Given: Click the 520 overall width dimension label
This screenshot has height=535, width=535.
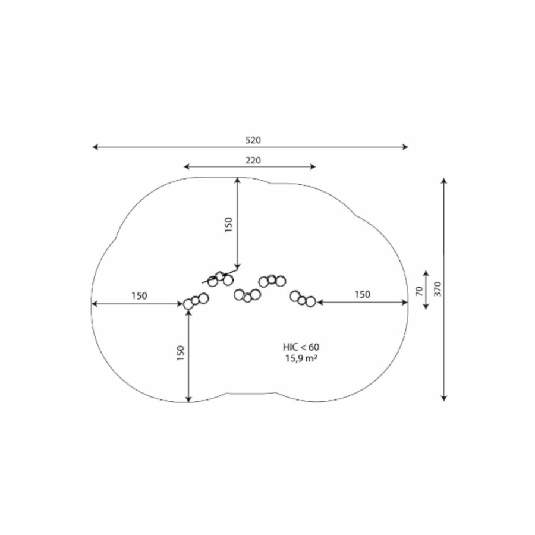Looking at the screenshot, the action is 253,140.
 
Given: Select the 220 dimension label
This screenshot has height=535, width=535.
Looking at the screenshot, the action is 253,160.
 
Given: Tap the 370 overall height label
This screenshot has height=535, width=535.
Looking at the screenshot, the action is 438,289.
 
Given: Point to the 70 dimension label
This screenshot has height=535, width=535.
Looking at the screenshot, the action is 420,291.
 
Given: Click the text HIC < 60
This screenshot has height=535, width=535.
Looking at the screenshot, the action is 301,347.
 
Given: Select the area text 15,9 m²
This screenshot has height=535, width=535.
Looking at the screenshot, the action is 301,358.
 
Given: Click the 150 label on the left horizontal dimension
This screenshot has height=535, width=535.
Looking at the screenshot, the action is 139,295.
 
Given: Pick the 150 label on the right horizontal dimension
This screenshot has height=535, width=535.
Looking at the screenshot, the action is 362,294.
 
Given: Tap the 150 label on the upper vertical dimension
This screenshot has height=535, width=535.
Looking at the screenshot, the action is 228,225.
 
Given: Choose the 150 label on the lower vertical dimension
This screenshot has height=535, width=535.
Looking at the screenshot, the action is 181,353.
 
